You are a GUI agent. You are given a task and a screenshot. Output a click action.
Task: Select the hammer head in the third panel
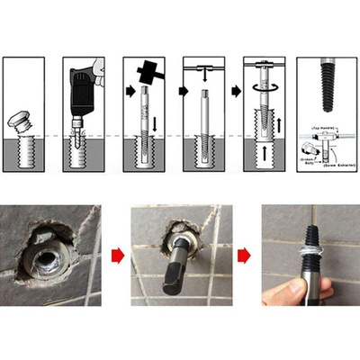point(148,71)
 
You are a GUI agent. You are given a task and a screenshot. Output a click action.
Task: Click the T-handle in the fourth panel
point(204,67)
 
